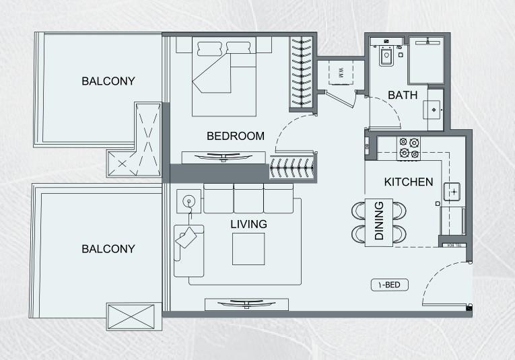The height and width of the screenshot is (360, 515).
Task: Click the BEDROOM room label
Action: click(235, 136)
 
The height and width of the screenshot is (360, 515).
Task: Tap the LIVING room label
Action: click(248, 224)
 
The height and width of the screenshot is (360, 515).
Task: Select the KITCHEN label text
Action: click(408, 182)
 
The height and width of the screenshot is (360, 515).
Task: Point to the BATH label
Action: click(403, 96)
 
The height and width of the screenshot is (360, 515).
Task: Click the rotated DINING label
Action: click(379, 221)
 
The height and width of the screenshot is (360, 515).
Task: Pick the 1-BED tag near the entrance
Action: click(389, 285)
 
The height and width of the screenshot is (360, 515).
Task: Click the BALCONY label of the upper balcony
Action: click(108, 81)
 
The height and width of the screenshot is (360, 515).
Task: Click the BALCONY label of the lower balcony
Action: click(108, 249)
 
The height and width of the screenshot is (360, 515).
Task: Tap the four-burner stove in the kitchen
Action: click(409, 148)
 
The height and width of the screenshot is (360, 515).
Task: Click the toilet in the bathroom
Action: click(386, 57)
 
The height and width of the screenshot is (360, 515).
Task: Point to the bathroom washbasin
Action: click(433, 107)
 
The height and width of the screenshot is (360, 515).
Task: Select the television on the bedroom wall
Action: click(225, 157)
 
